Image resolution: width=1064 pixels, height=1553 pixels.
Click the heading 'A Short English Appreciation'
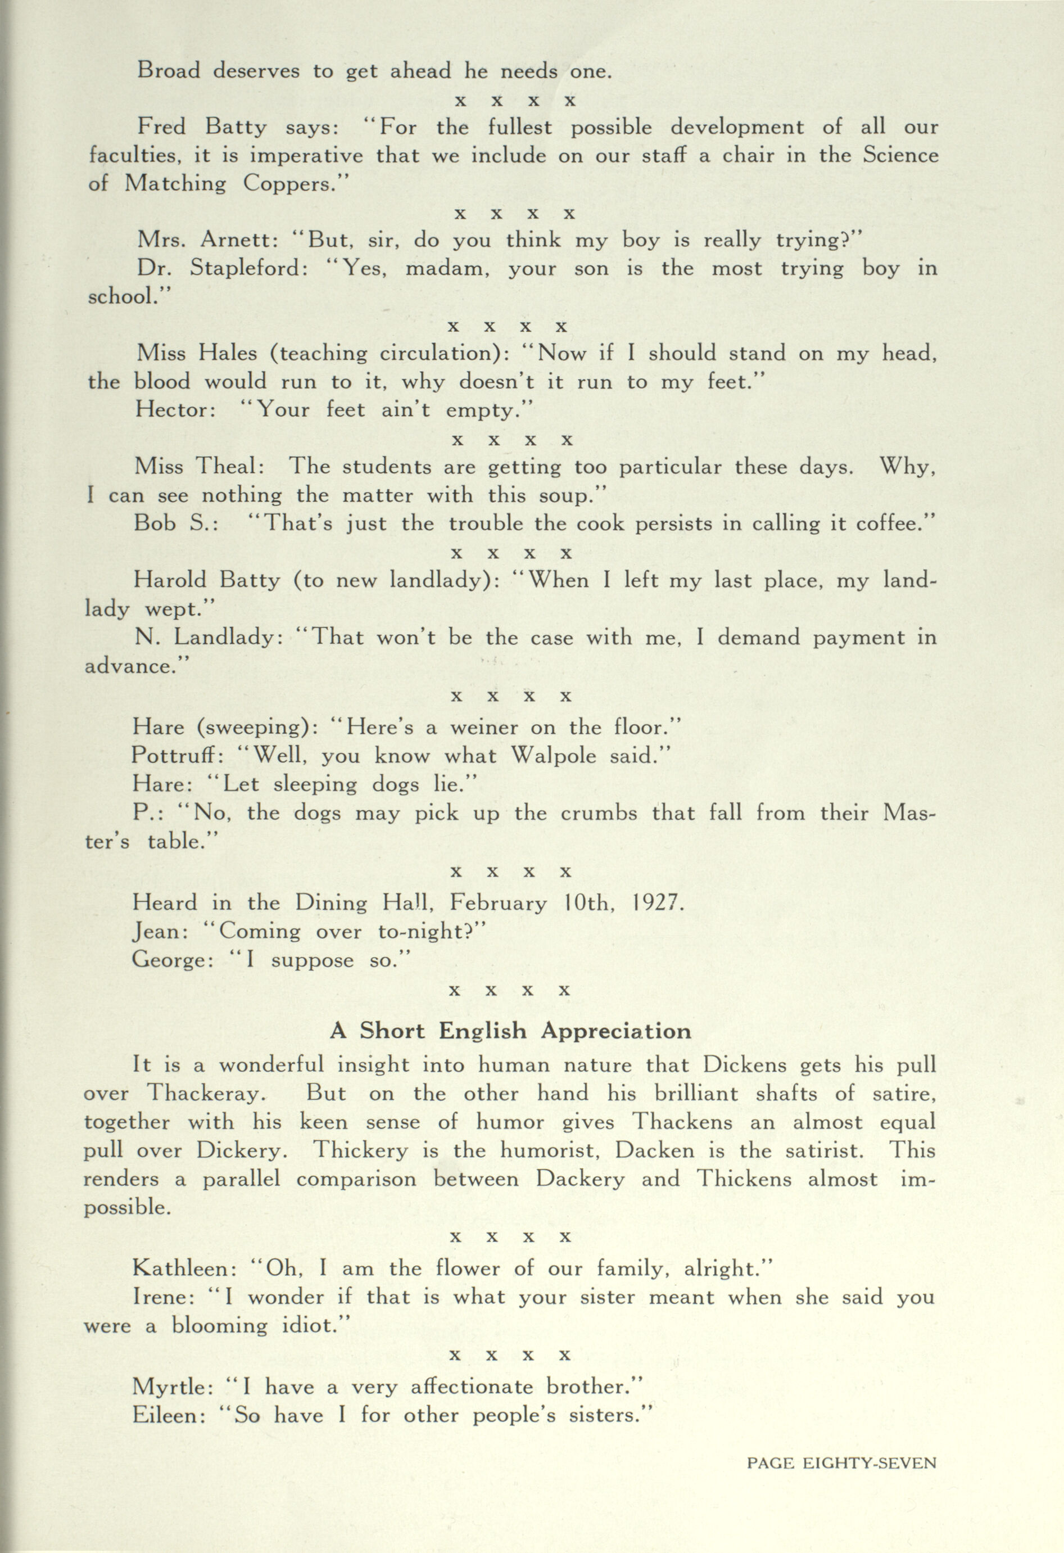click(510, 1031)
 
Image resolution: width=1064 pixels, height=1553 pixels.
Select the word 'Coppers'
click(287, 183)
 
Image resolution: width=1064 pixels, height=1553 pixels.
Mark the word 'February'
click(497, 904)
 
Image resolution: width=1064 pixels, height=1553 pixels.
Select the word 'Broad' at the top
click(167, 70)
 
